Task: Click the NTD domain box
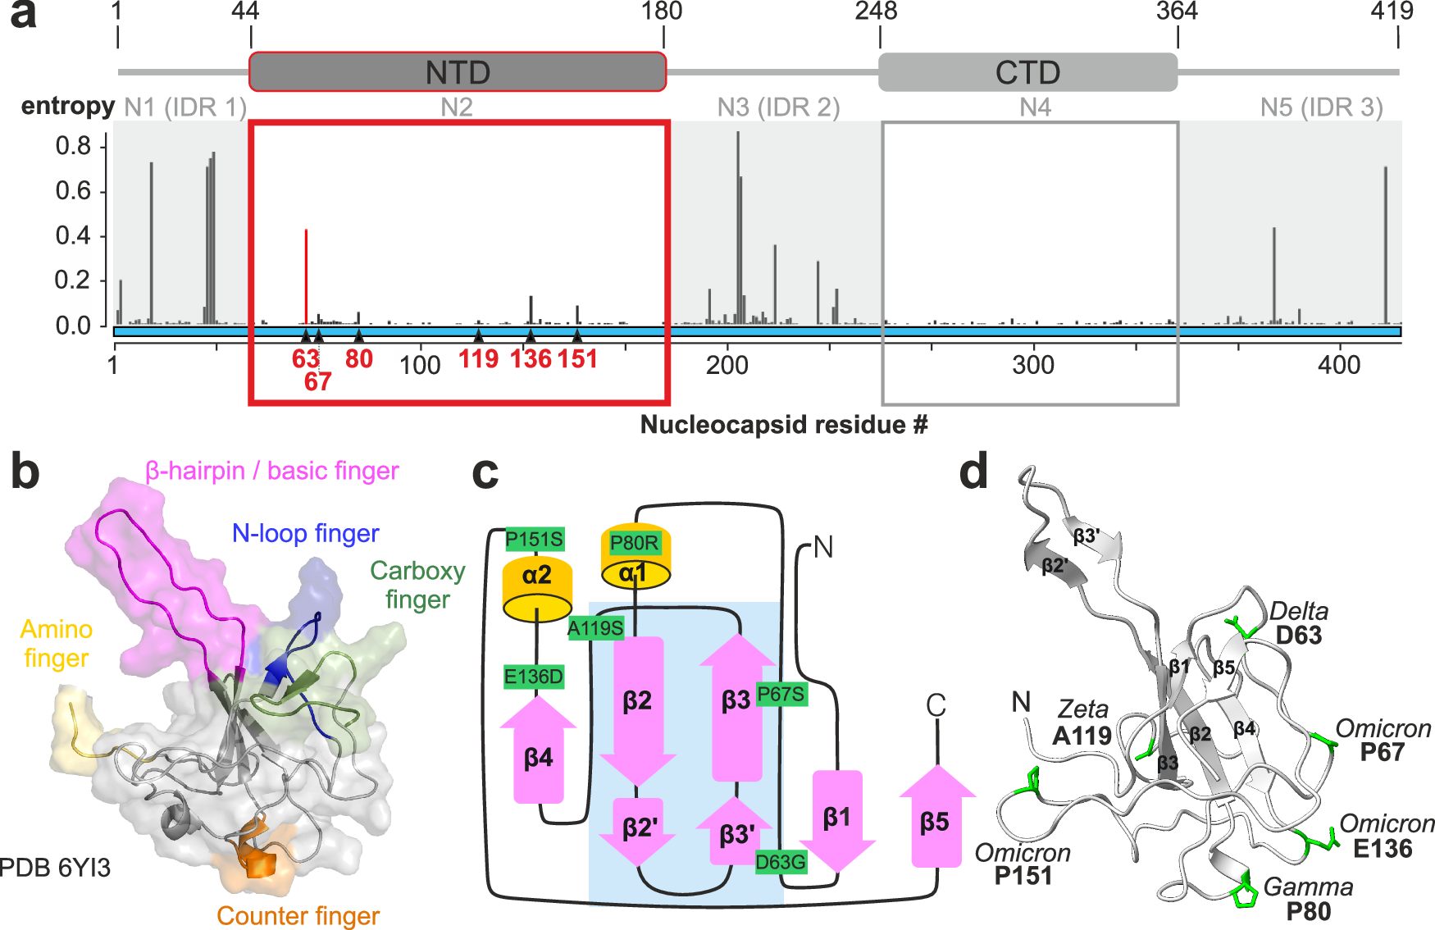tap(457, 72)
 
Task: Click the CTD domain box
tap(1027, 72)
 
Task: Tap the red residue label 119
tap(478, 359)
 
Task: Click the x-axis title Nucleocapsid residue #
tap(783, 425)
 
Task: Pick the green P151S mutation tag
tap(535, 539)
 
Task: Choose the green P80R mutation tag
tap(634, 543)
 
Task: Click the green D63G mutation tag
tap(780, 862)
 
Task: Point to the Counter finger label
tap(298, 915)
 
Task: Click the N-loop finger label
tap(305, 534)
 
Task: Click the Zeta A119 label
tap(1082, 723)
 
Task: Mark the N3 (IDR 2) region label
tap(778, 107)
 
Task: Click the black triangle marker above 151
tap(577, 335)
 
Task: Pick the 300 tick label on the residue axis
tap(1033, 365)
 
